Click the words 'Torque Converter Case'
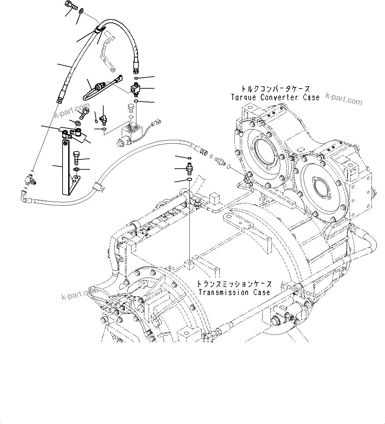click(x=275, y=97)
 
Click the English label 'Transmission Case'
click(x=234, y=292)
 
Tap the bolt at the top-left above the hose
click(x=71, y=5)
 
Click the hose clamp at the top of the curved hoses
click(x=98, y=30)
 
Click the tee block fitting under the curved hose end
click(x=136, y=89)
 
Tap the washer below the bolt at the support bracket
click(x=76, y=169)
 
